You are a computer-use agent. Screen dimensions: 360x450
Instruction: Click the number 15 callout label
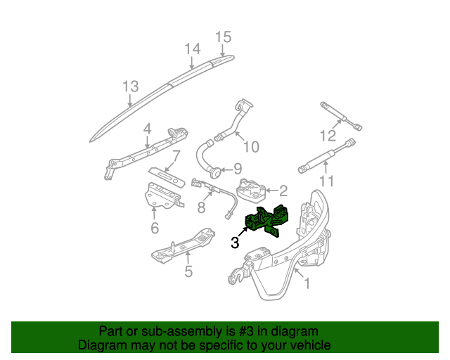click(x=223, y=37)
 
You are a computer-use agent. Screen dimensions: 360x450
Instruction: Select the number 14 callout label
click(x=193, y=49)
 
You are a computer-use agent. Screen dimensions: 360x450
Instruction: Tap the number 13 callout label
click(x=130, y=86)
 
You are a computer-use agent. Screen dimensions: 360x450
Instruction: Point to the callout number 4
click(x=147, y=129)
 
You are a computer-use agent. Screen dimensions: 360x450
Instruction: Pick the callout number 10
click(x=251, y=147)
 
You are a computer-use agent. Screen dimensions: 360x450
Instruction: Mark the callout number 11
click(x=327, y=181)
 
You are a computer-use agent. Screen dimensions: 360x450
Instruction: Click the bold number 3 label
click(x=235, y=243)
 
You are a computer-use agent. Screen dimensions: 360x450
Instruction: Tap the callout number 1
click(x=307, y=283)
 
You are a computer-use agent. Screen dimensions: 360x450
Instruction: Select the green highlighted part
click(x=266, y=221)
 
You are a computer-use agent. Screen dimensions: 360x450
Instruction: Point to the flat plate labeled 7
click(x=167, y=175)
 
